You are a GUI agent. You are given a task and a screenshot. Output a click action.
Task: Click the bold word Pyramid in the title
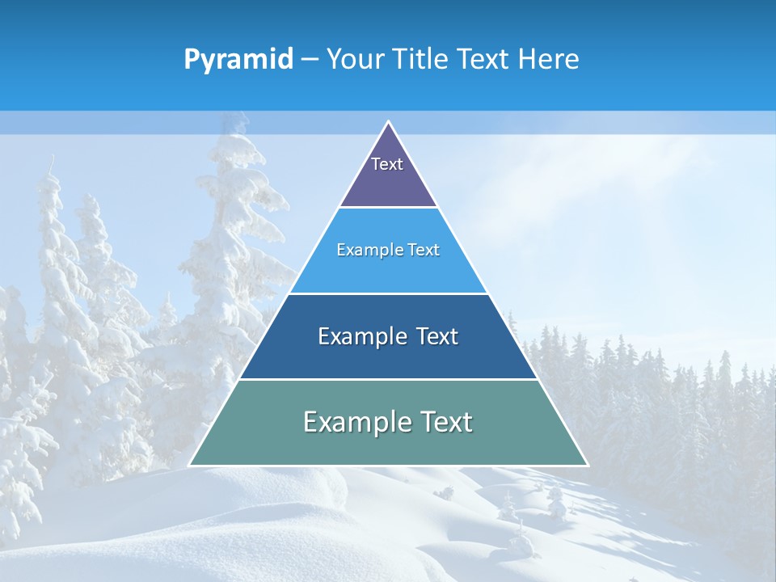(238, 60)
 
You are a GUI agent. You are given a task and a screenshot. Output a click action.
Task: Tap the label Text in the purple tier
(387, 164)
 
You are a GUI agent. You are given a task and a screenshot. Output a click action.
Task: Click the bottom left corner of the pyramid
(190, 465)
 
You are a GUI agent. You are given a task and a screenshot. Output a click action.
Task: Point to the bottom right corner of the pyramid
(588, 465)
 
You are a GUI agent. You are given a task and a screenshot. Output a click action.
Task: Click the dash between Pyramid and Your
(310, 60)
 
